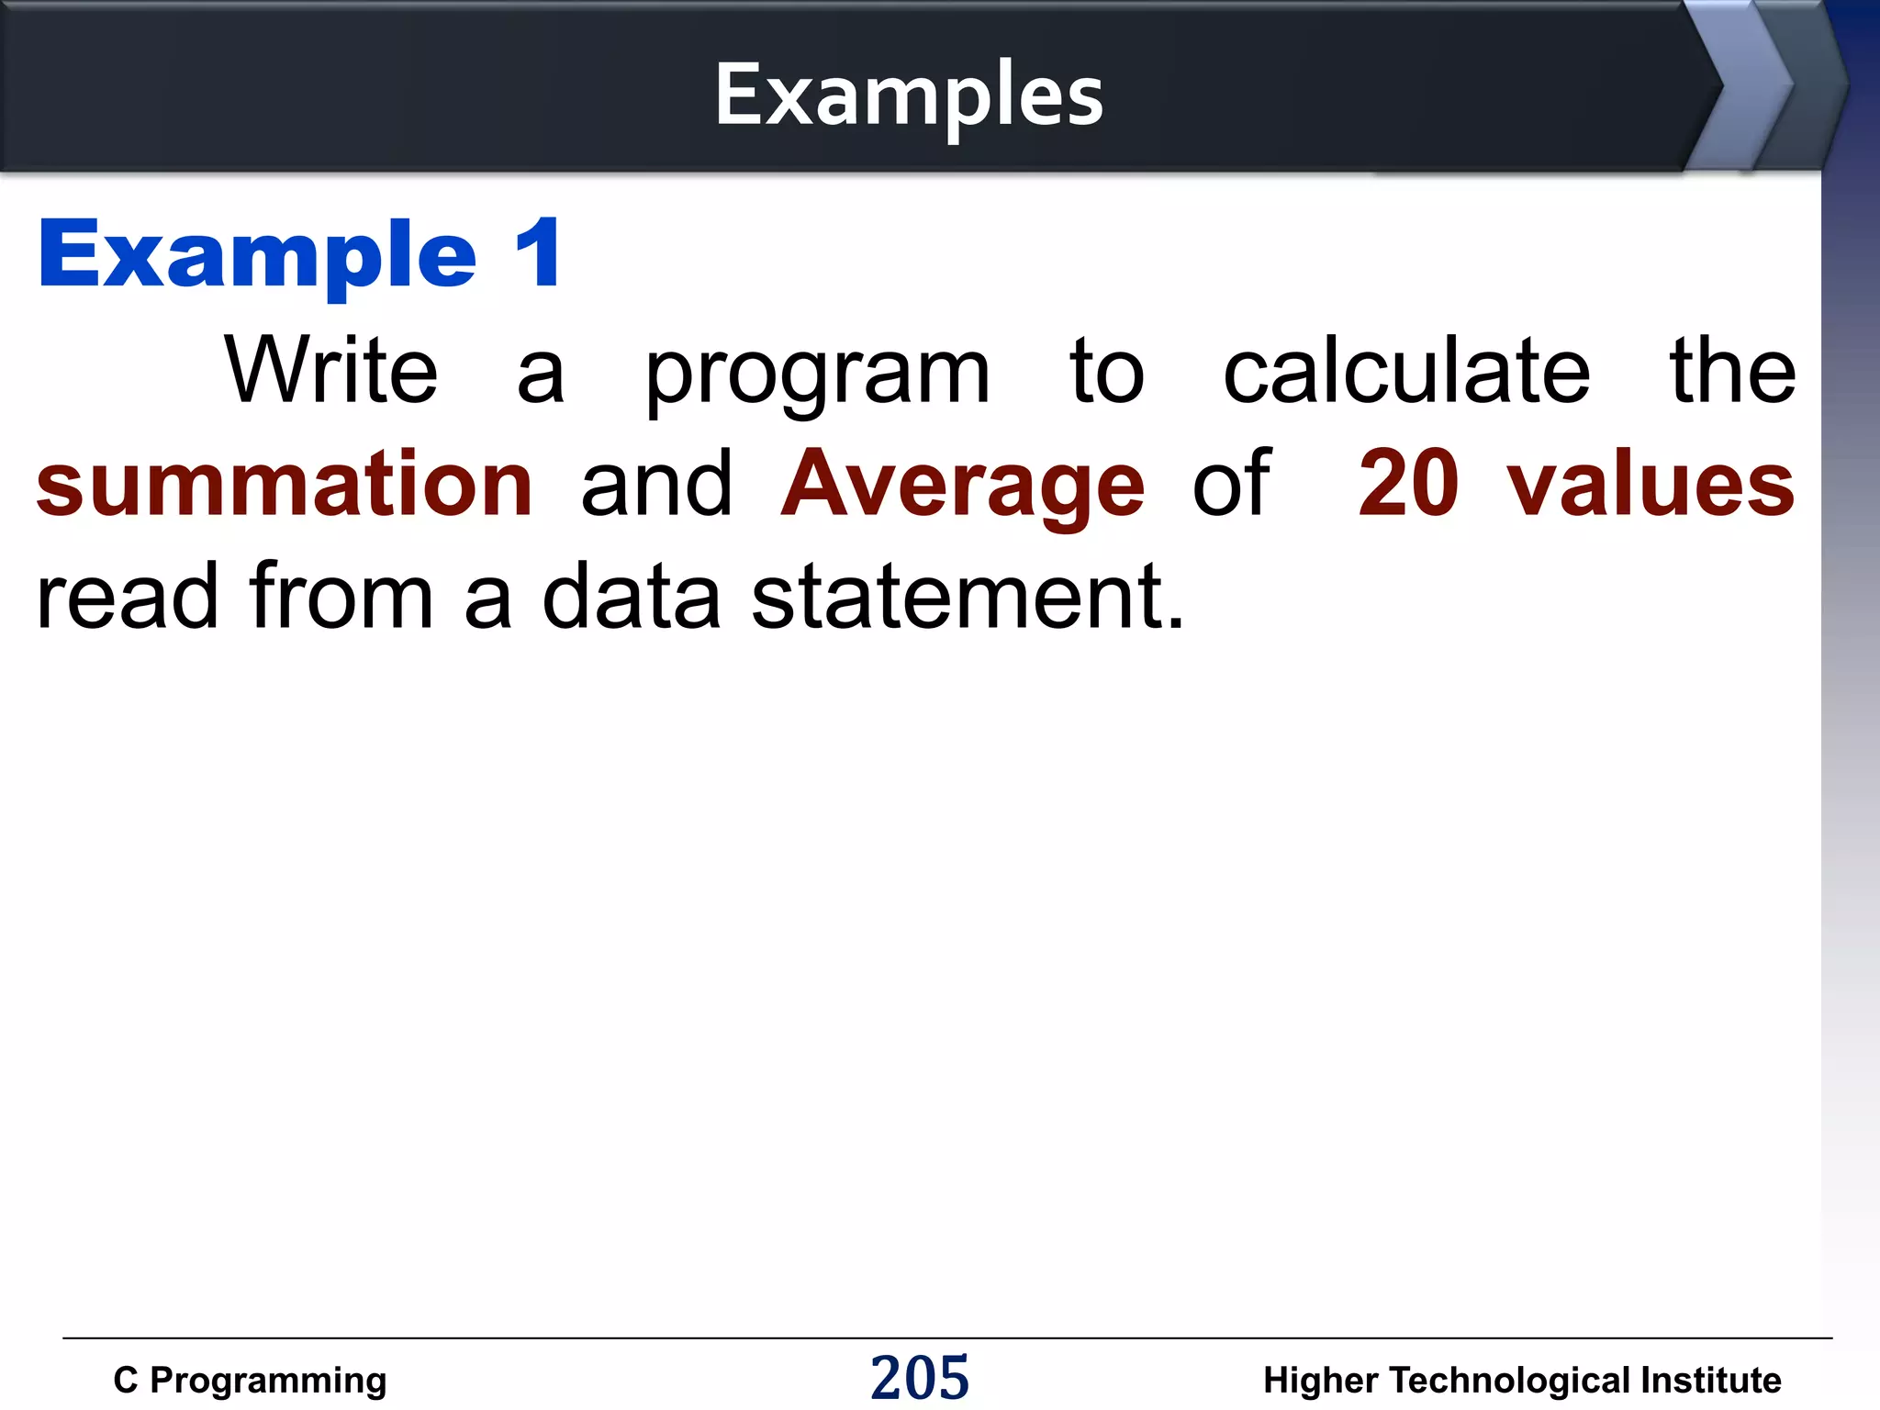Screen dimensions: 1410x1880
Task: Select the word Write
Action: pyautogui.click(x=331, y=370)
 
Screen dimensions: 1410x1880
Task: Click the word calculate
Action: pyautogui.click(x=1406, y=370)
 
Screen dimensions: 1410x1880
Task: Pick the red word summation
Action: pyautogui.click(x=285, y=484)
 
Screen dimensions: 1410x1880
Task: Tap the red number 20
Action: pyautogui.click(x=1407, y=484)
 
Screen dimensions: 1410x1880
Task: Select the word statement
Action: pyautogui.click(x=968, y=598)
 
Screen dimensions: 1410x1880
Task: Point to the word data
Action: pyautogui.click(x=632, y=598)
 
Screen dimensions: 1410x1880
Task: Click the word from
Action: pyautogui.click(x=341, y=598)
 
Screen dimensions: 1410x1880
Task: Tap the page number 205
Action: pyautogui.click(x=920, y=1378)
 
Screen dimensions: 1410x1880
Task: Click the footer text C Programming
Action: pyautogui.click(x=250, y=1381)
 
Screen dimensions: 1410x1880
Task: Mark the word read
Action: pyautogui.click(x=128, y=598)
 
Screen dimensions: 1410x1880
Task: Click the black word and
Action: pyautogui.click(x=657, y=484)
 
